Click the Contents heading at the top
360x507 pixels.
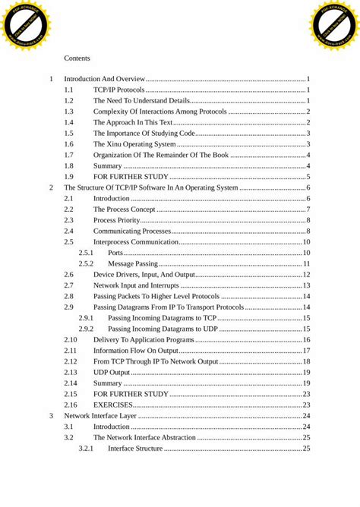77,58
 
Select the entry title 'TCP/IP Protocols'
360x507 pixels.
119,90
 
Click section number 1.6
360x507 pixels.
68,143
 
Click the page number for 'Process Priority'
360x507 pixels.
308,220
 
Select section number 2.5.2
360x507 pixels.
86,263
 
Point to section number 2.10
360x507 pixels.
70,339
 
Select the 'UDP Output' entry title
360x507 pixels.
112,372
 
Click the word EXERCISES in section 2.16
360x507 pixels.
114,405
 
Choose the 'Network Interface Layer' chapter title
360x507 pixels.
99,416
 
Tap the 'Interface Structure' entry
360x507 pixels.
135,449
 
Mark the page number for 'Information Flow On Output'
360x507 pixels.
306,351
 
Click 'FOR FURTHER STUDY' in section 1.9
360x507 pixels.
131,176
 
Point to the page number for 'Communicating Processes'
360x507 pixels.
308,231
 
